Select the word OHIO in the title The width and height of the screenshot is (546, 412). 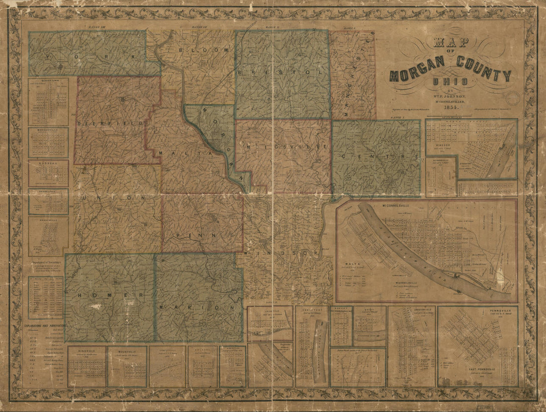click(450, 82)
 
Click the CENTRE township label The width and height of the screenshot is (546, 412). click(377, 157)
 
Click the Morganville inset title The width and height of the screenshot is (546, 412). click(48, 132)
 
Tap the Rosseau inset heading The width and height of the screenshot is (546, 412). click(48, 162)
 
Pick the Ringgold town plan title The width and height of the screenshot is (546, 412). click(87, 350)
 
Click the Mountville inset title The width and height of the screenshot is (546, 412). click(127, 350)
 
